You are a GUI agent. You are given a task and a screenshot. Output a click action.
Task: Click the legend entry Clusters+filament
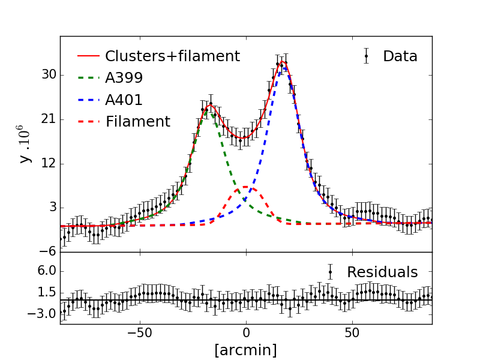(x=172, y=56)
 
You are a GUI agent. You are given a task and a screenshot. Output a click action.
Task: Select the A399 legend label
(x=124, y=78)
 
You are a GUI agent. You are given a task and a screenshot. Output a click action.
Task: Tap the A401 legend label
(x=124, y=100)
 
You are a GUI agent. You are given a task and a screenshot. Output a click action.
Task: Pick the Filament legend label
(x=138, y=122)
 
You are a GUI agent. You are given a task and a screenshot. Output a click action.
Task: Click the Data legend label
(x=400, y=56)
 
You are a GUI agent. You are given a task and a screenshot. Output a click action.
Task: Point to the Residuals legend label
(x=382, y=272)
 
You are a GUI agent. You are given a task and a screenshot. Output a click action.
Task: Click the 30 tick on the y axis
(x=49, y=75)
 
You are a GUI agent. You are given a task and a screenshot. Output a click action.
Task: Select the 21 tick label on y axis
(x=49, y=119)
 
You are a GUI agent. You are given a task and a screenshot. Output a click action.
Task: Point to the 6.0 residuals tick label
(x=46, y=271)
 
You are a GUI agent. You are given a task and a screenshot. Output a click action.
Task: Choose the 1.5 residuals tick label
(x=46, y=292)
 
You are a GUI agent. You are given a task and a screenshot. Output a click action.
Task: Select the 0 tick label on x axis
(x=246, y=334)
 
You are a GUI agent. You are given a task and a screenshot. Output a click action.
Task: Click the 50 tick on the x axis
(x=352, y=334)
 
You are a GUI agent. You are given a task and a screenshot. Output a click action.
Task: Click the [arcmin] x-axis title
(x=245, y=350)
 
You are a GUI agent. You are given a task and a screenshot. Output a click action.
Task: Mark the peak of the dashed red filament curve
(x=246, y=188)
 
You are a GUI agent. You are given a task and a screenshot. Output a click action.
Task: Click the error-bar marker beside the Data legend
(x=366, y=56)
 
